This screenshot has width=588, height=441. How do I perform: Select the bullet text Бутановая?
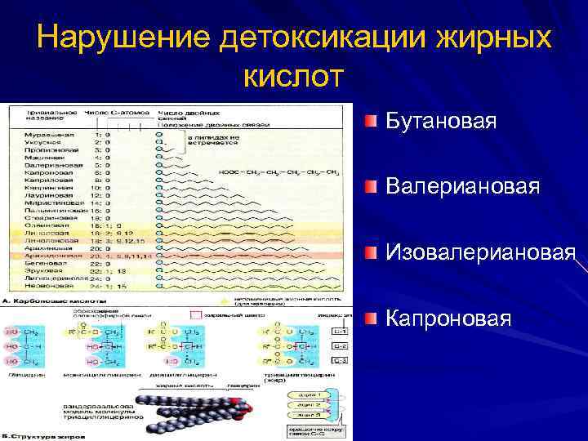(443, 122)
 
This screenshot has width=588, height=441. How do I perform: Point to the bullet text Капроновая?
(449, 318)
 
